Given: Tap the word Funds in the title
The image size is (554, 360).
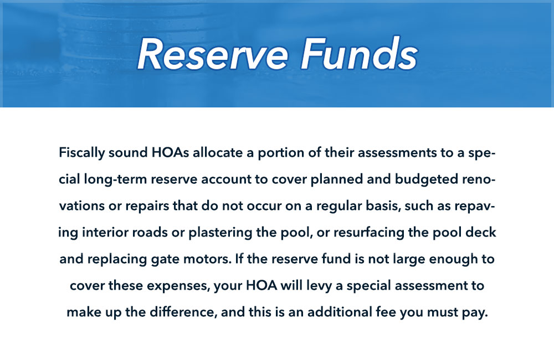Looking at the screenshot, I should [355, 54].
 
